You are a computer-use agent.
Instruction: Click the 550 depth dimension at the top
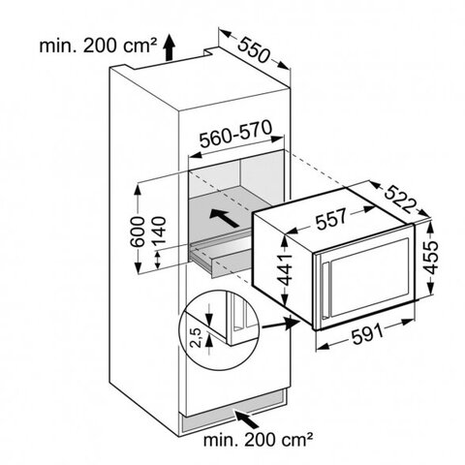pyautogui.click(x=253, y=50)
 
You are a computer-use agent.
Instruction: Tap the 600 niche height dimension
pyautogui.click(x=138, y=232)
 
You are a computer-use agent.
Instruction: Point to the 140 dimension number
pyautogui.click(x=159, y=232)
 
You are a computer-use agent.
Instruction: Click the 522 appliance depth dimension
pyautogui.click(x=400, y=200)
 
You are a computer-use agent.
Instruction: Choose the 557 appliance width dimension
pyautogui.click(x=331, y=219)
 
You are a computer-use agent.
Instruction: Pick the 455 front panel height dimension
pyautogui.click(x=430, y=257)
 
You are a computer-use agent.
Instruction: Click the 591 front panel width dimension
pyautogui.click(x=367, y=334)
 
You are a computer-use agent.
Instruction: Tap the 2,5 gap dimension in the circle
pyautogui.click(x=196, y=337)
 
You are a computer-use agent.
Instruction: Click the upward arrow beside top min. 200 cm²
pyautogui.click(x=169, y=47)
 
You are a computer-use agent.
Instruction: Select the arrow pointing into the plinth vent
pyautogui.click(x=247, y=419)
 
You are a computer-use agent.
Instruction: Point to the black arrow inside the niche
pyautogui.click(x=224, y=218)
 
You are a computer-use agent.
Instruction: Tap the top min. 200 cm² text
pyautogui.click(x=99, y=46)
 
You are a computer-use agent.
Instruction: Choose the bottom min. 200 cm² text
pyautogui.click(x=259, y=440)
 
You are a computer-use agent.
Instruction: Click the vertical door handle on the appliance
pyautogui.click(x=325, y=290)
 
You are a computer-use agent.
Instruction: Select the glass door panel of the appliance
pyautogui.click(x=368, y=275)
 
